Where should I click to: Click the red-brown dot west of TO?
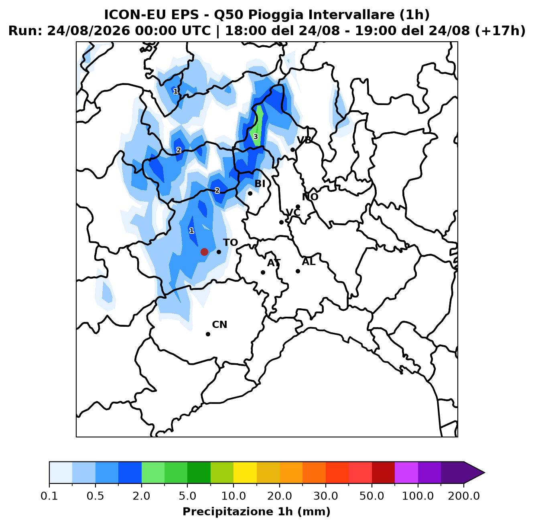(x=204, y=252)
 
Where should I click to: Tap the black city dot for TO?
(x=219, y=252)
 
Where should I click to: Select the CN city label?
(x=219, y=324)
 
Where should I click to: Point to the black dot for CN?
(x=208, y=334)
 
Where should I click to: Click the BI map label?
(x=260, y=183)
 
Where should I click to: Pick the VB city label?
(x=304, y=140)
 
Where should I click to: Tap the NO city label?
(x=310, y=197)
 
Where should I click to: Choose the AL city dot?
(x=298, y=271)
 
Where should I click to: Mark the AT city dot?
(x=263, y=272)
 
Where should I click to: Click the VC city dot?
(x=281, y=222)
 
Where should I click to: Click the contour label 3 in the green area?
(x=256, y=137)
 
